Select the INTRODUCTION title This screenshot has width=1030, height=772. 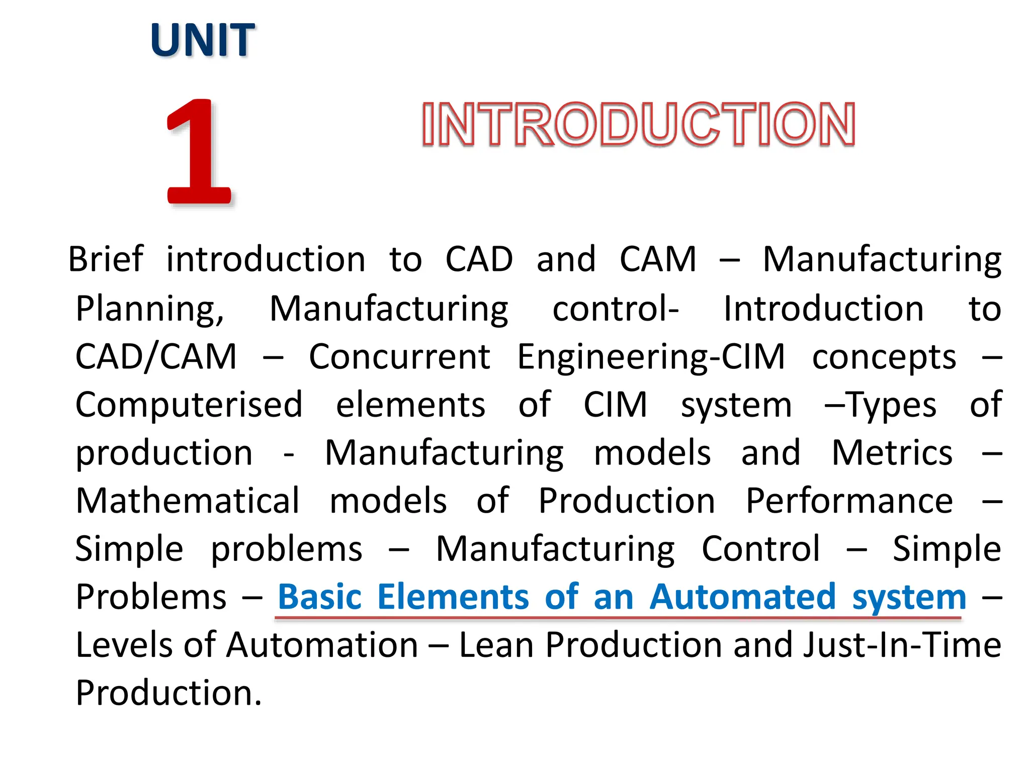point(638,124)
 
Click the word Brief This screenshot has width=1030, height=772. point(106,260)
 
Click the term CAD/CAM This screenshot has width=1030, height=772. point(156,357)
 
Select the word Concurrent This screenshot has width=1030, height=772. point(399,357)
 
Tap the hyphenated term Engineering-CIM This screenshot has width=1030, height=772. point(651,357)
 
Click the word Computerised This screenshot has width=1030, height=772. point(189,405)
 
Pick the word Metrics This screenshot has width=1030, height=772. point(892,453)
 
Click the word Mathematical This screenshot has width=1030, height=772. point(188,501)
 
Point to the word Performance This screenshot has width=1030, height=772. point(849,501)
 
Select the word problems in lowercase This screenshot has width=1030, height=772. point(286,549)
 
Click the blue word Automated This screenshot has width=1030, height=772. point(742,597)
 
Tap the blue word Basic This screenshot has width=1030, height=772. point(320,597)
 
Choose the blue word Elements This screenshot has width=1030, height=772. point(453,597)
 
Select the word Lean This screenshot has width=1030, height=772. point(496,645)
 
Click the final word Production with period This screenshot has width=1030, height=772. point(168,693)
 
